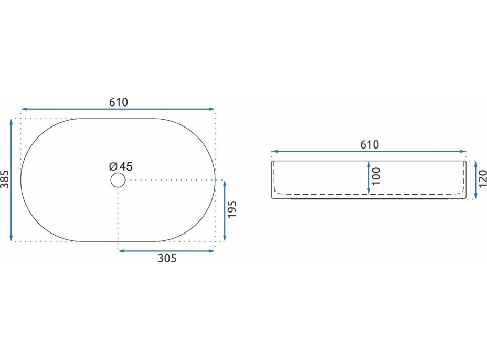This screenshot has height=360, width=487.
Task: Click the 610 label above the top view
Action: [119, 102]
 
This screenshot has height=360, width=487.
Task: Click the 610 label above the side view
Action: [369, 144]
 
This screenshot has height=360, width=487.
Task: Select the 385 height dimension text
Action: [5, 179]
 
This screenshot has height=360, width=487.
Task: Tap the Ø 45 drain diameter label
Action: [121, 166]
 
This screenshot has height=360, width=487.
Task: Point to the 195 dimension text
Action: [232, 209]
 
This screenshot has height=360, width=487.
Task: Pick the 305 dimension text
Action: [167, 258]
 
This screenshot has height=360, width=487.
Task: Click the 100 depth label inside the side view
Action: [376, 176]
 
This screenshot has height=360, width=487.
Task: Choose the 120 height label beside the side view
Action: [483, 178]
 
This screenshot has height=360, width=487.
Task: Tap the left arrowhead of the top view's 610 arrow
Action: [23, 109]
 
